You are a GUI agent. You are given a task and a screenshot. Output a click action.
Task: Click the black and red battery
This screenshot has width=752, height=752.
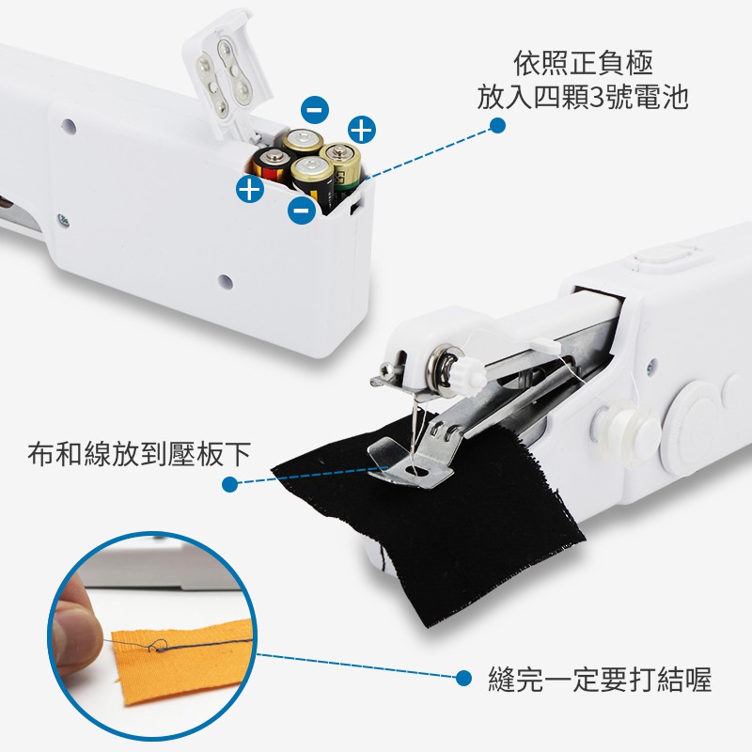click(x=271, y=165)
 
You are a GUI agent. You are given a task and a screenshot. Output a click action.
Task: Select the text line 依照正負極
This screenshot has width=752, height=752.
click(x=583, y=63)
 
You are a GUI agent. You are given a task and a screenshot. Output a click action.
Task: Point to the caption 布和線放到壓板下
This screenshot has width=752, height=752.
click(x=139, y=454)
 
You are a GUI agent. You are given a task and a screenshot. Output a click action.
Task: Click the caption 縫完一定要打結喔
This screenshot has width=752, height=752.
click(x=600, y=679)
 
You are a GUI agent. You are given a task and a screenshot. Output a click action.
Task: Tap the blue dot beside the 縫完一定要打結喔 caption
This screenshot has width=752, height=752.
click(x=463, y=678)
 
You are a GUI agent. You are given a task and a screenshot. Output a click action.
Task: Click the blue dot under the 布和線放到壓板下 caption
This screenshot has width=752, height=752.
click(x=230, y=484)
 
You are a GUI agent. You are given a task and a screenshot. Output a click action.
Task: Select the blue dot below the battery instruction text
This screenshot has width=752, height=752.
click(x=497, y=126)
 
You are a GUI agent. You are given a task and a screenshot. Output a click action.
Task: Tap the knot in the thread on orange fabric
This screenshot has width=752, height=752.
click(x=158, y=648)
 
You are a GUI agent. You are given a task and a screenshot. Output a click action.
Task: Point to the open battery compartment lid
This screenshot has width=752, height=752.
click(x=226, y=72)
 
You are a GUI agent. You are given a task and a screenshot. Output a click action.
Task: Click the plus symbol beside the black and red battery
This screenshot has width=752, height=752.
click(x=250, y=189)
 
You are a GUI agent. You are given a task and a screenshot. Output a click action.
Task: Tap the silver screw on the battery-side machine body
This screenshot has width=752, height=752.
click(x=63, y=220)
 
